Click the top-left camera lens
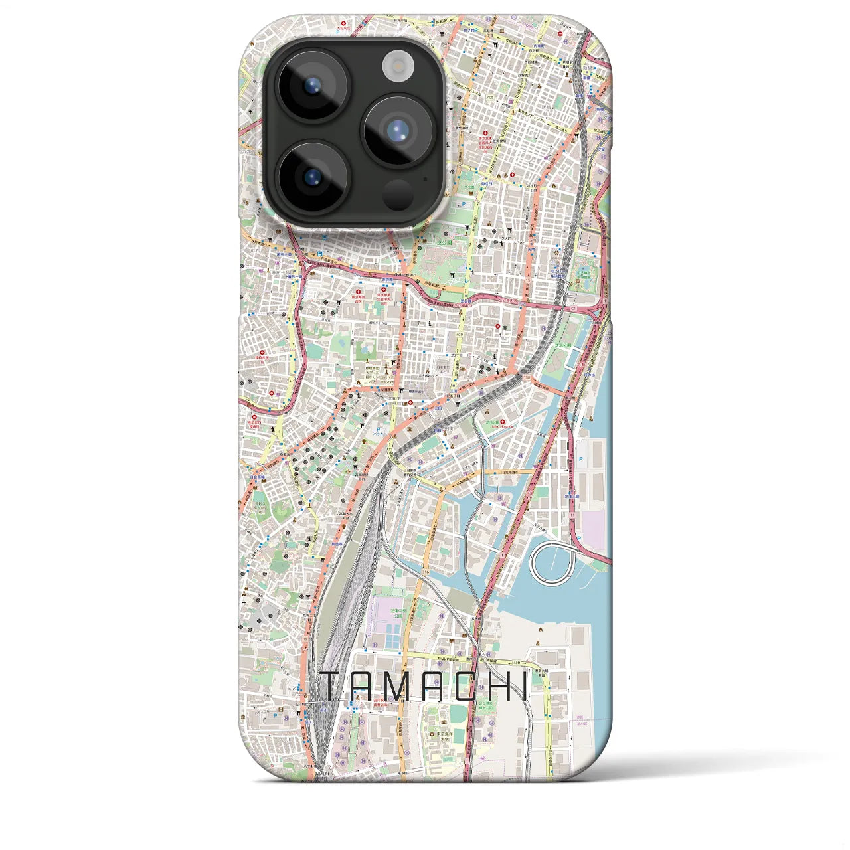[x=311, y=85]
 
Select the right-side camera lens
[x=398, y=130]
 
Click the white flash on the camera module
[x=398, y=66]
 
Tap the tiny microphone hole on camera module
[x=425, y=178]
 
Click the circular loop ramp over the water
[x=551, y=561]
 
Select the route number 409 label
[x=460, y=334]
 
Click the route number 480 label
[x=517, y=662]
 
